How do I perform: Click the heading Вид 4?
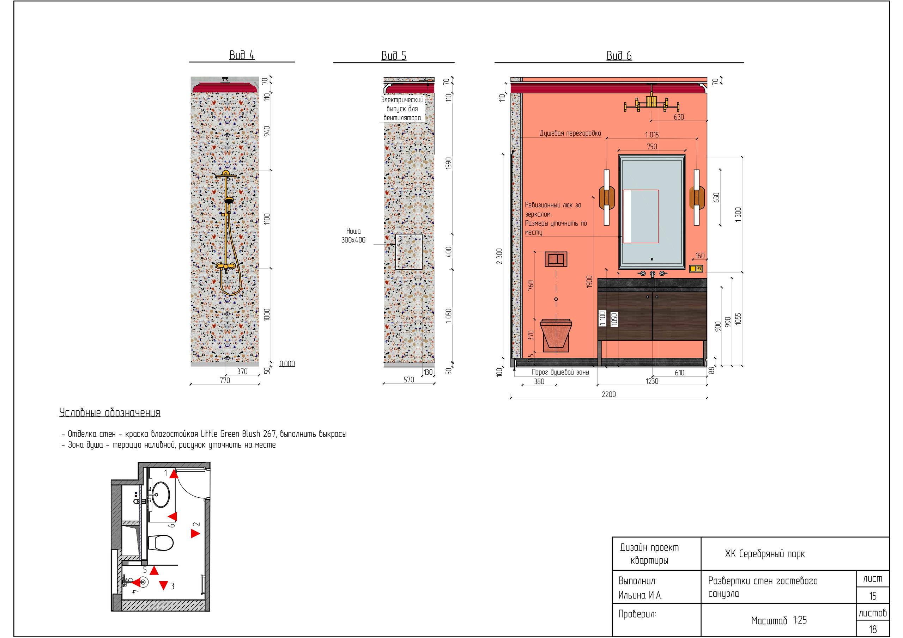click(x=242, y=55)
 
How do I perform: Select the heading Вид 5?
click(x=394, y=55)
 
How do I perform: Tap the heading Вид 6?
click(x=619, y=55)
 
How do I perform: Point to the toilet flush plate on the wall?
click(x=556, y=259)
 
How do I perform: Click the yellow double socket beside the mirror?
click(x=696, y=269)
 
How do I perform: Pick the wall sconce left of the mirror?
click(x=606, y=197)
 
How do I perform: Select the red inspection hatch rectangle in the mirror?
click(x=641, y=216)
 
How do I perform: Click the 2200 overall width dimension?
click(x=609, y=394)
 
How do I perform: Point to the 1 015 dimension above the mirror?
click(x=652, y=135)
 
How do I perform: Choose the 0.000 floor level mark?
click(x=287, y=364)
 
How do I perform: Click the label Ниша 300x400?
click(x=353, y=235)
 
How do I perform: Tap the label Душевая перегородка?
click(x=570, y=133)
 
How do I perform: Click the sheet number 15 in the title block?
click(x=873, y=596)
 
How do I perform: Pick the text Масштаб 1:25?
click(x=779, y=620)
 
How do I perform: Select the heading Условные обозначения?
click(x=110, y=412)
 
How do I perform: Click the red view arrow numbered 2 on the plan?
click(x=195, y=533)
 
